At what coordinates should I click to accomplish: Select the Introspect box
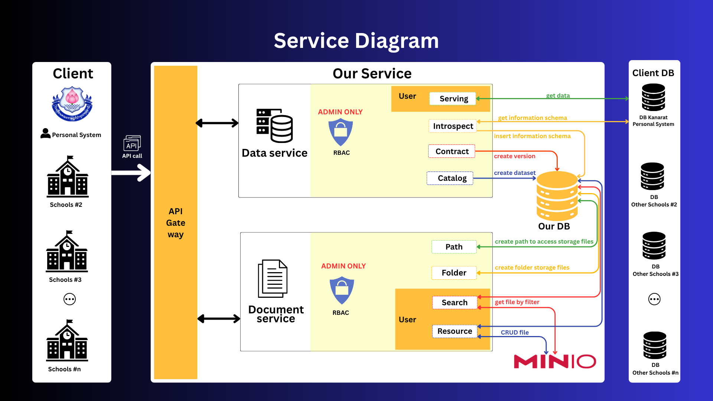(x=452, y=126)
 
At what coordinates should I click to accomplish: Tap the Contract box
(x=452, y=151)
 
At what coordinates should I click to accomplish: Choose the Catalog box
(x=450, y=178)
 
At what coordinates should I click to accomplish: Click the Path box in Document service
(x=454, y=247)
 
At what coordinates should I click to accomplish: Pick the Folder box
(x=454, y=273)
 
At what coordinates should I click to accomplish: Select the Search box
(x=455, y=303)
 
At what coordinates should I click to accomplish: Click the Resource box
(x=455, y=331)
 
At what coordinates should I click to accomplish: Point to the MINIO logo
(x=555, y=362)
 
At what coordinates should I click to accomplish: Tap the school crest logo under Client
(x=72, y=104)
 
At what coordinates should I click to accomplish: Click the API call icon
(x=132, y=143)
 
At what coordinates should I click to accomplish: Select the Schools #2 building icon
(x=68, y=177)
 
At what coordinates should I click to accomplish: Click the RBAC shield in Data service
(x=341, y=132)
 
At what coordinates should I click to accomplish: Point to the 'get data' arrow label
(x=558, y=95)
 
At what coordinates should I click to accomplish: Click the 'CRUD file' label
(x=515, y=332)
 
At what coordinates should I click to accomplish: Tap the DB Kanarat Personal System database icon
(x=653, y=97)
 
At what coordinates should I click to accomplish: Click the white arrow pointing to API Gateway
(x=131, y=173)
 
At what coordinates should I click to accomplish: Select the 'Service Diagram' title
(x=356, y=41)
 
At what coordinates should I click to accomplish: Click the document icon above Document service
(x=273, y=278)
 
